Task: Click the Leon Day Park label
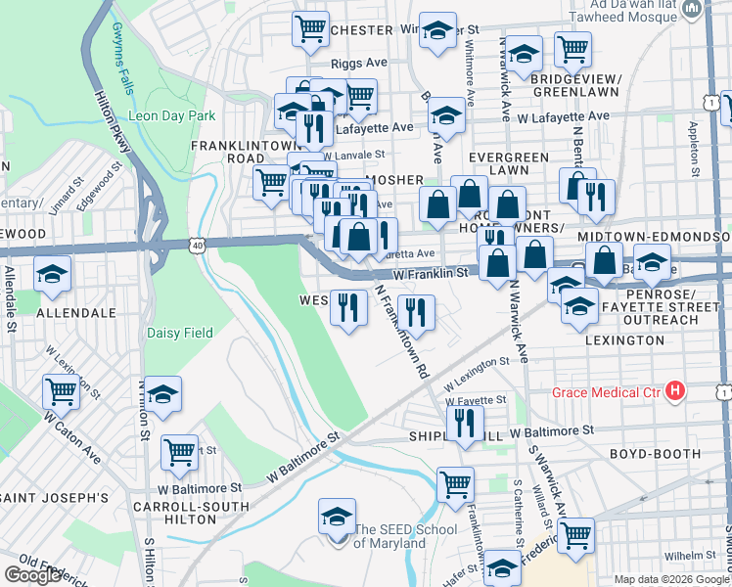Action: click(172, 115)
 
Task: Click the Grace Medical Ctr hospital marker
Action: click(674, 392)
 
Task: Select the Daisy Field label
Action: click(180, 333)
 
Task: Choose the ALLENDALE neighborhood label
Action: click(76, 313)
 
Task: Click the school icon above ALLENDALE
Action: click(52, 275)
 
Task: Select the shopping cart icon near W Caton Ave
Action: click(62, 391)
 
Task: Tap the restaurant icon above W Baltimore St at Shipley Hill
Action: click(464, 423)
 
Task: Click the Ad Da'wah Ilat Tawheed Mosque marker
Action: click(692, 10)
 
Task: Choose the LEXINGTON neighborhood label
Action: click(624, 339)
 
